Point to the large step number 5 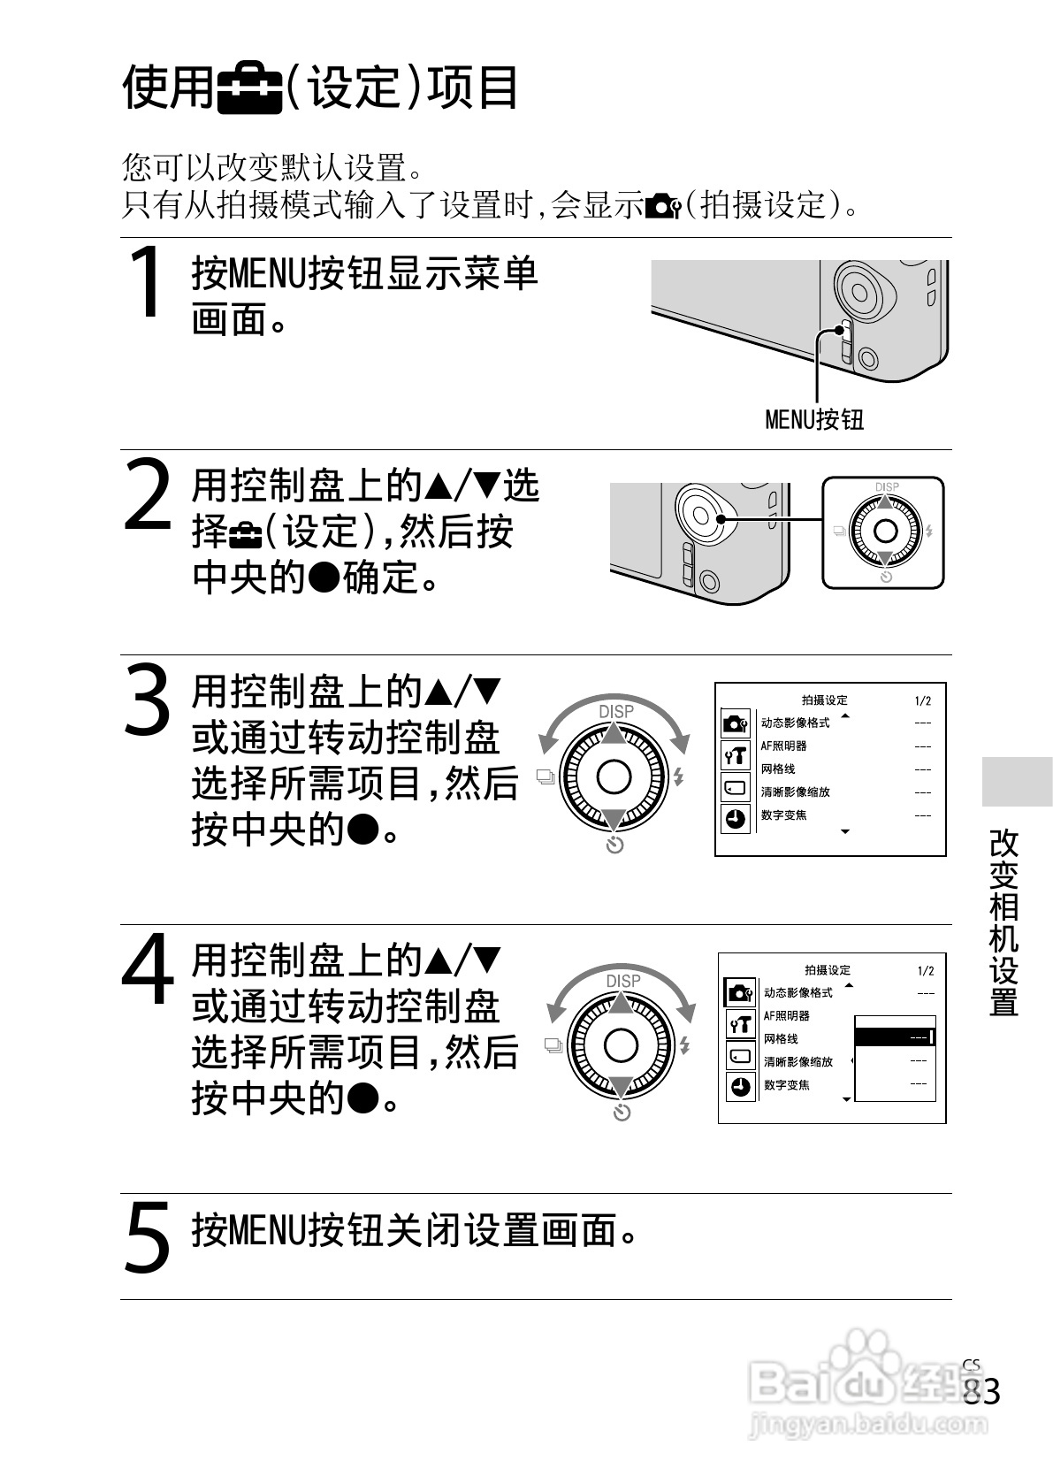(x=147, y=1237)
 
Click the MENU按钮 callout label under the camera (x=813, y=418)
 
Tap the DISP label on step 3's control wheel (x=615, y=712)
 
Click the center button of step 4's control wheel (x=621, y=1045)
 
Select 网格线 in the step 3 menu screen (x=778, y=769)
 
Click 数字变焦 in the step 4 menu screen (x=787, y=1085)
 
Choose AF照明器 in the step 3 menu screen (x=783, y=746)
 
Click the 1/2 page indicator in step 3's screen (x=922, y=700)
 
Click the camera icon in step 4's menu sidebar (x=739, y=992)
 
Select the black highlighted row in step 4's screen (x=894, y=1037)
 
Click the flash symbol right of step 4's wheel (x=683, y=1045)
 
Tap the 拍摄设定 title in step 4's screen (x=828, y=970)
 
